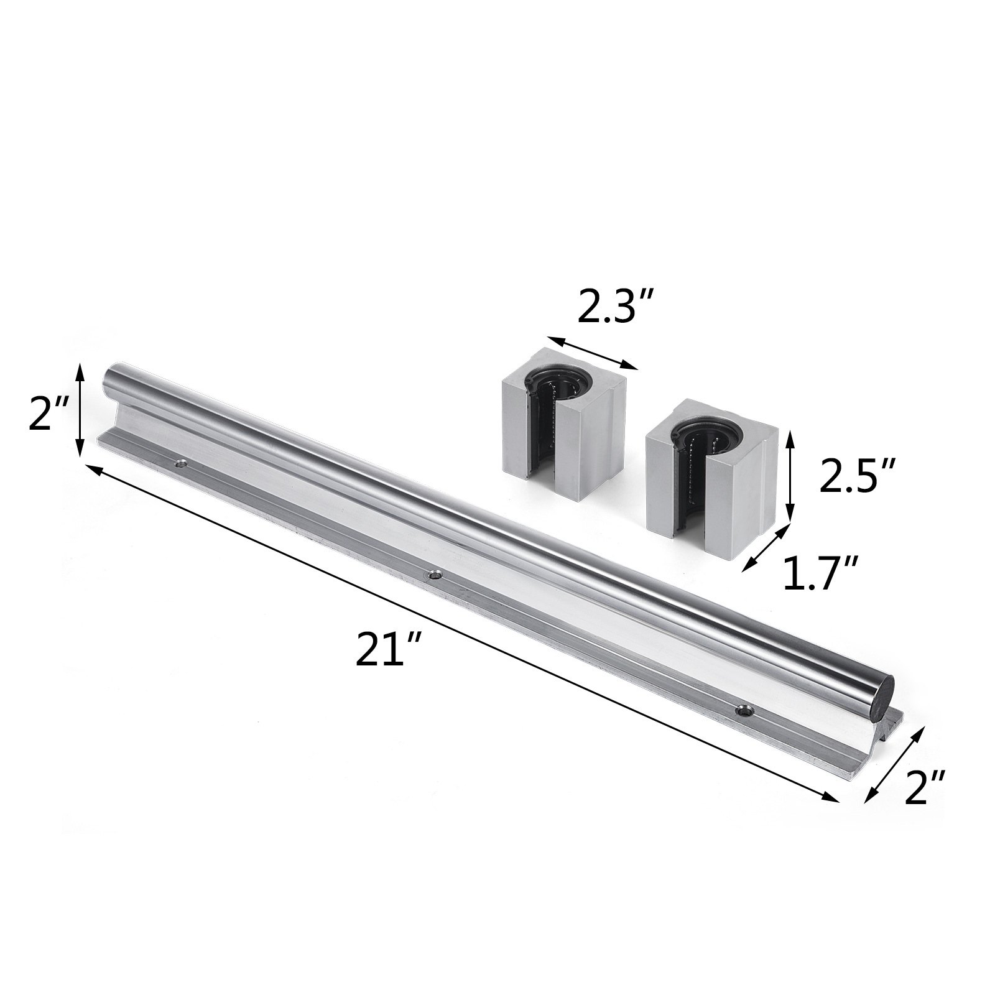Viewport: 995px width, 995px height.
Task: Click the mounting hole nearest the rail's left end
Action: pos(181,463)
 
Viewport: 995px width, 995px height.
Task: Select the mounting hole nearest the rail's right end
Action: pos(743,711)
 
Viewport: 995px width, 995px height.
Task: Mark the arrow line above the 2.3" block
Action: pos(592,353)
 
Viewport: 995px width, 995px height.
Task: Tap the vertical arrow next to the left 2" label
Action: pos(80,411)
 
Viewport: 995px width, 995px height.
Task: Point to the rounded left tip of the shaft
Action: pos(108,378)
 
